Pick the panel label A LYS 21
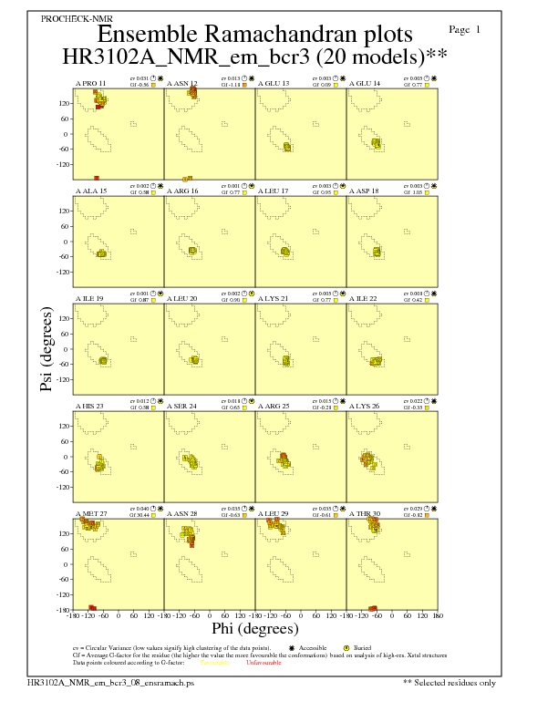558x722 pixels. (x=274, y=297)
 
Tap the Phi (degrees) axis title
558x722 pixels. (x=254, y=628)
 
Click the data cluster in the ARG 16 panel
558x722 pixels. (x=191, y=251)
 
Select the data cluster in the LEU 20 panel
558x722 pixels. (x=193, y=360)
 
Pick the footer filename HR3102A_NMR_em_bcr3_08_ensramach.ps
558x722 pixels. (x=111, y=682)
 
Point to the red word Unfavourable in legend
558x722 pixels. (x=263, y=662)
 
